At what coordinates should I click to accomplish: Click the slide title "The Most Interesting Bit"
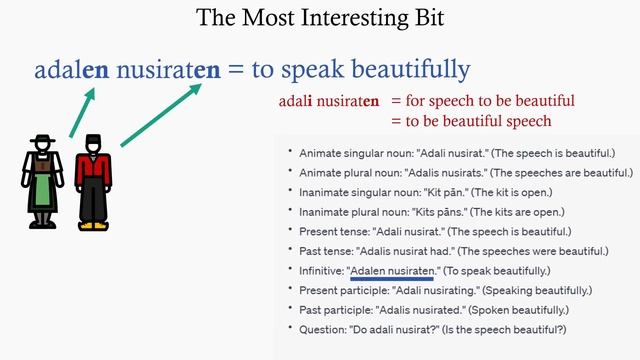319,18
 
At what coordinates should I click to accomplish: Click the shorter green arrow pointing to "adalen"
82,111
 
